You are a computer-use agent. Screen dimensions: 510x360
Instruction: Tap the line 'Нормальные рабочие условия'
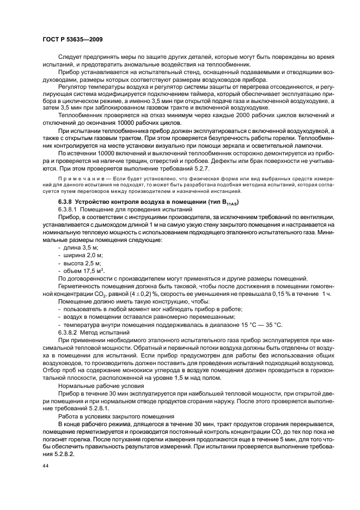coord(98,385)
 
